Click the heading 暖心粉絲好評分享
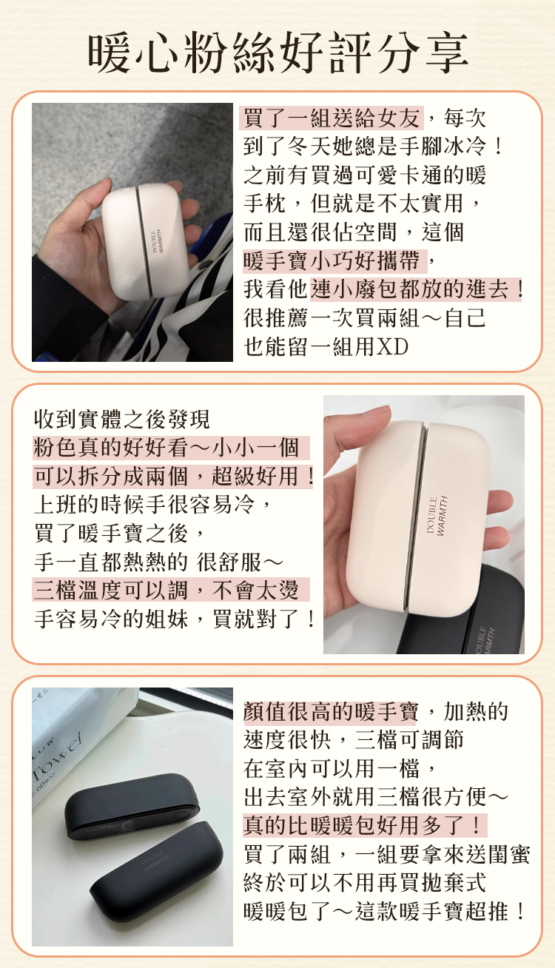coord(278,53)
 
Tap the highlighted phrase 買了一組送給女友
coord(332,118)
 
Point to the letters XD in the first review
coord(392,346)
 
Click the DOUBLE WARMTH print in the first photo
coord(157,241)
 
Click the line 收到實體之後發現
coord(122,419)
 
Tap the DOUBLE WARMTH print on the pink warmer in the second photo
coord(437,516)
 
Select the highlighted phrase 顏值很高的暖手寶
coord(331,711)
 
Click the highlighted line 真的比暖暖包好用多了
coord(363,825)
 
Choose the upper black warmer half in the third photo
coord(132,807)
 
